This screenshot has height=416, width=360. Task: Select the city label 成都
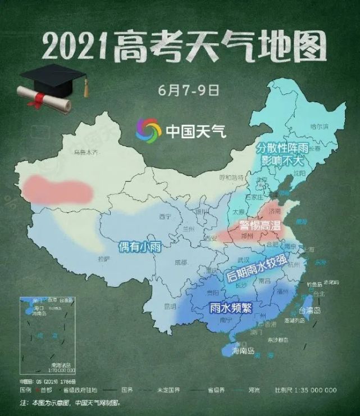click(180, 263)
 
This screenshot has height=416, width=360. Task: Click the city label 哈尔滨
click(319, 126)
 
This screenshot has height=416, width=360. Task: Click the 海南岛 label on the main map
click(243, 351)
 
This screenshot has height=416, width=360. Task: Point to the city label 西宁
click(165, 216)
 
